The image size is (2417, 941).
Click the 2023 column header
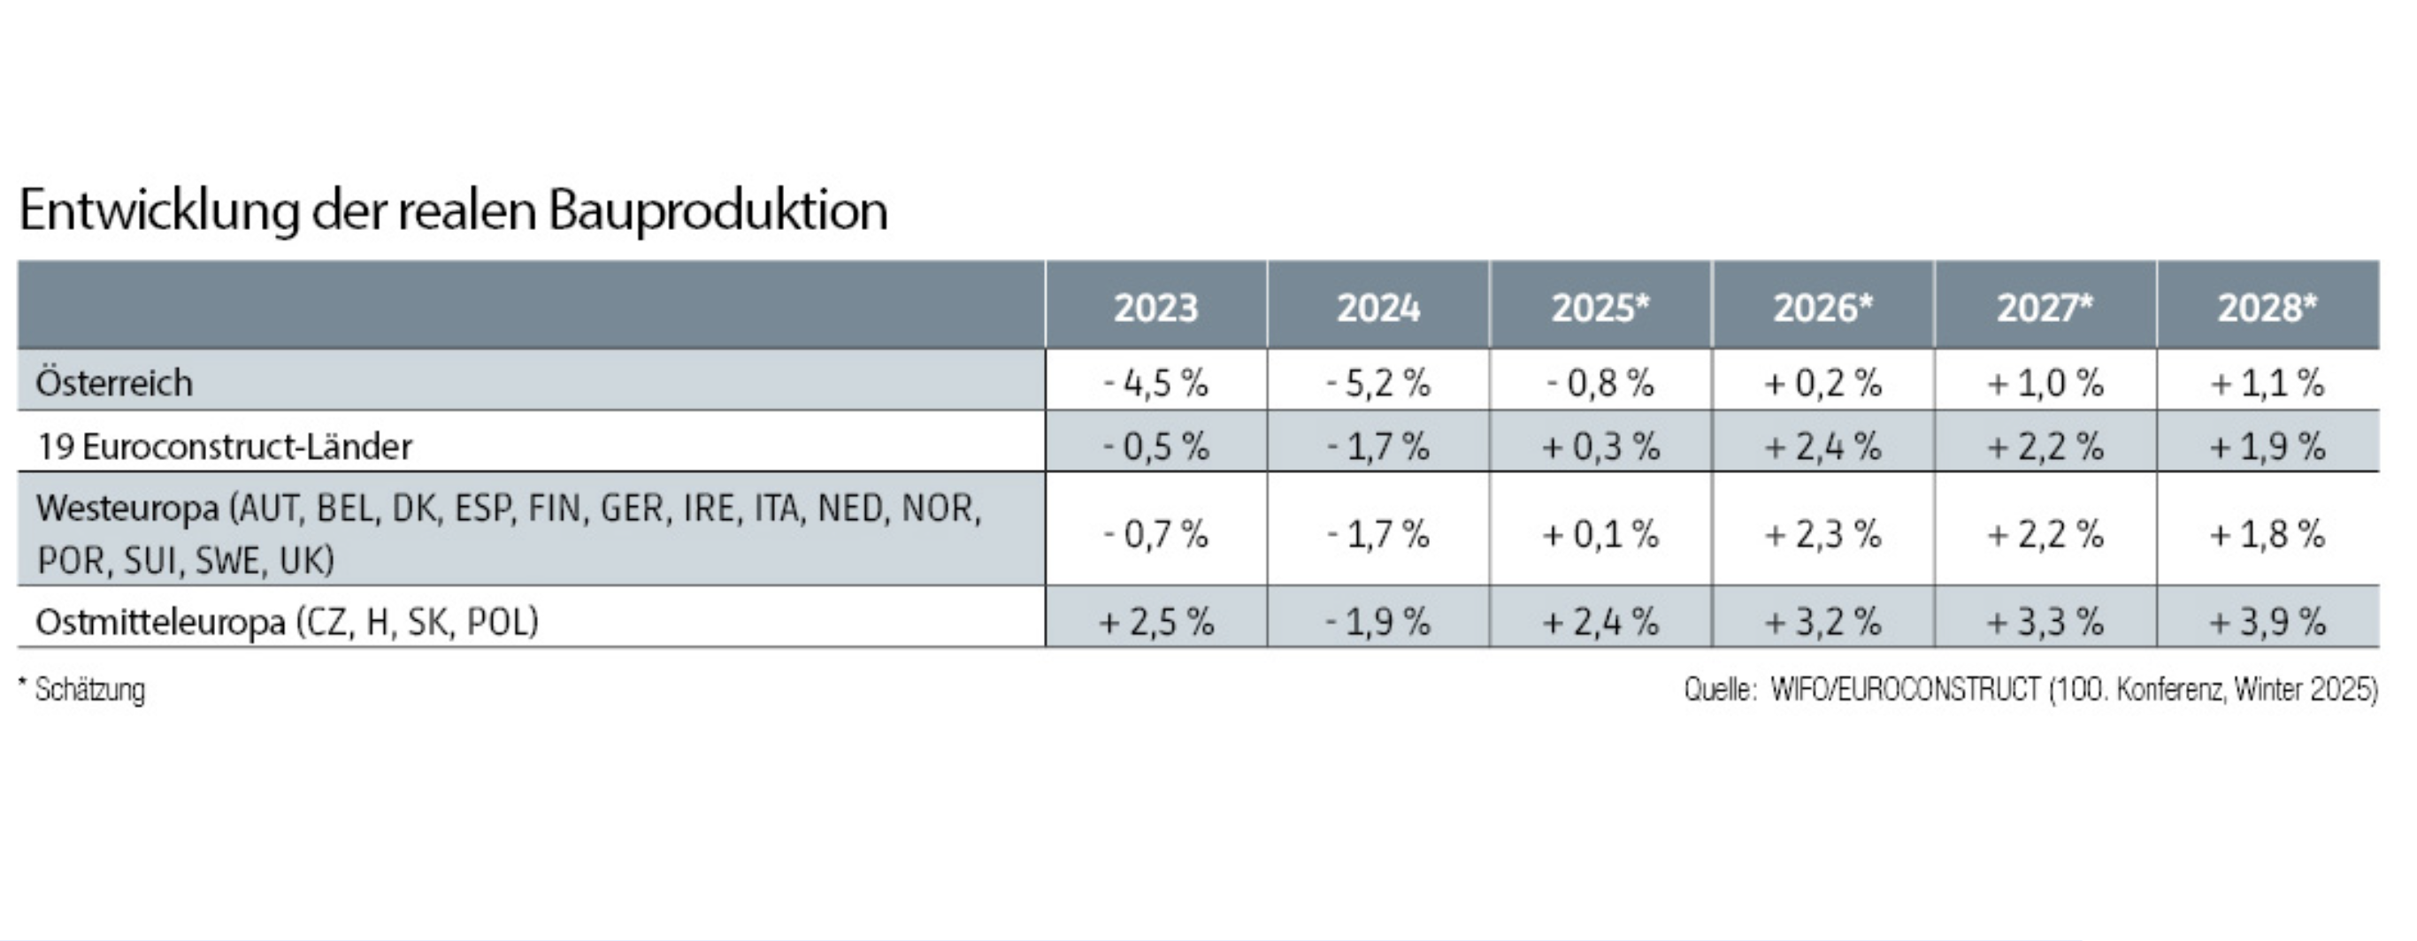1155,308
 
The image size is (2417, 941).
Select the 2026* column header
1822,308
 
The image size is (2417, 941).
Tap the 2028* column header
2267,308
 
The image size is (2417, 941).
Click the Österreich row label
114,383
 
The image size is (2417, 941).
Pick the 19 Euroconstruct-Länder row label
224,446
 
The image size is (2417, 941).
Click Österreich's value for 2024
1377,383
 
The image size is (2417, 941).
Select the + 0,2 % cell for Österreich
1822,383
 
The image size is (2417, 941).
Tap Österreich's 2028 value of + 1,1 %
2267,383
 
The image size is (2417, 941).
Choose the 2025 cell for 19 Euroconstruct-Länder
1600,446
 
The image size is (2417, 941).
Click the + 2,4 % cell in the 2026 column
1822,446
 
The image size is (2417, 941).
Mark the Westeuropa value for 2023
1155,534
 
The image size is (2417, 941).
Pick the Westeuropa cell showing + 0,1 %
1600,534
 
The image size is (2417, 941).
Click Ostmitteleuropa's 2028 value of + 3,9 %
2267,621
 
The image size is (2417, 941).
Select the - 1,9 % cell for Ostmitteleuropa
1377,621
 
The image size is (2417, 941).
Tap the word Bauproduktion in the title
717,210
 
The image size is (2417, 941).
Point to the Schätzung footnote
89,691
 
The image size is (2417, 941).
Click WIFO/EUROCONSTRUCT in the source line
1905,691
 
